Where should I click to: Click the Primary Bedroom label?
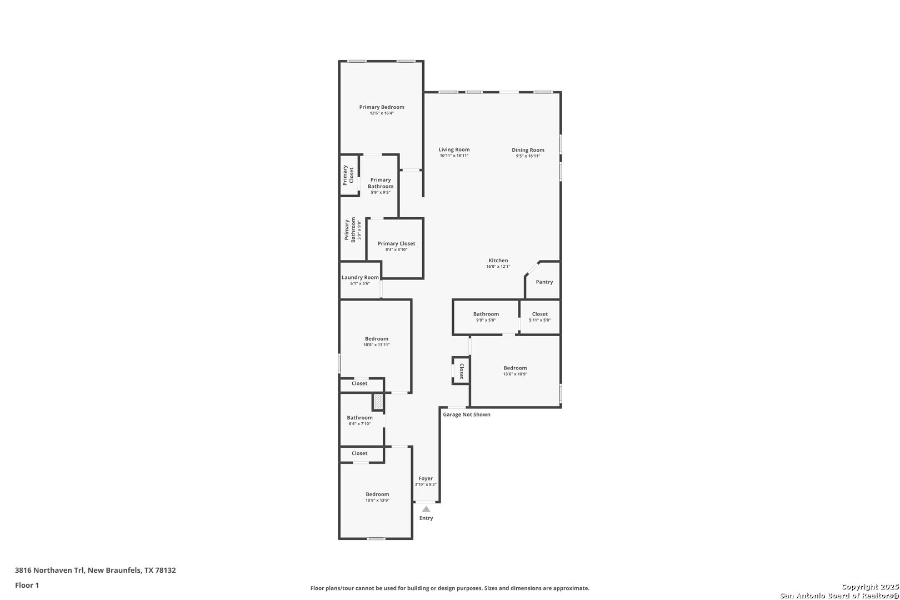coord(381,107)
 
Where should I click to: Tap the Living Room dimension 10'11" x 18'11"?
coord(454,156)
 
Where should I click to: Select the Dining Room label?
coord(528,150)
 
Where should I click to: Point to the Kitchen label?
coord(498,261)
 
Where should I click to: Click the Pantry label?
coord(544,282)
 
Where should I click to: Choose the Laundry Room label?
coord(360,277)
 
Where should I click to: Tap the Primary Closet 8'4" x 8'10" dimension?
coord(396,249)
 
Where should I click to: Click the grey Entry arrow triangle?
coord(426,509)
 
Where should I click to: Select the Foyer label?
coord(426,478)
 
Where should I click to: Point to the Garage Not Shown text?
coord(467,414)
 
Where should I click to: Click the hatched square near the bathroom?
coord(378,402)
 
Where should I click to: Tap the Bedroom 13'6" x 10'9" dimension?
coord(515,374)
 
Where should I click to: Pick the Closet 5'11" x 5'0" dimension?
coord(539,321)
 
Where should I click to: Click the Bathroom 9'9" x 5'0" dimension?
coord(486,321)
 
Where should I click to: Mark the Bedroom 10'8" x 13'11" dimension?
coord(377,345)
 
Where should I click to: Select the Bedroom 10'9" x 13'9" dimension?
coord(377,501)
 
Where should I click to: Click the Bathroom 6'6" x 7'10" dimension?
coord(359,423)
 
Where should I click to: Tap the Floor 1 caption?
coord(27,585)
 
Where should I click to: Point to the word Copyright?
coord(861,587)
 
